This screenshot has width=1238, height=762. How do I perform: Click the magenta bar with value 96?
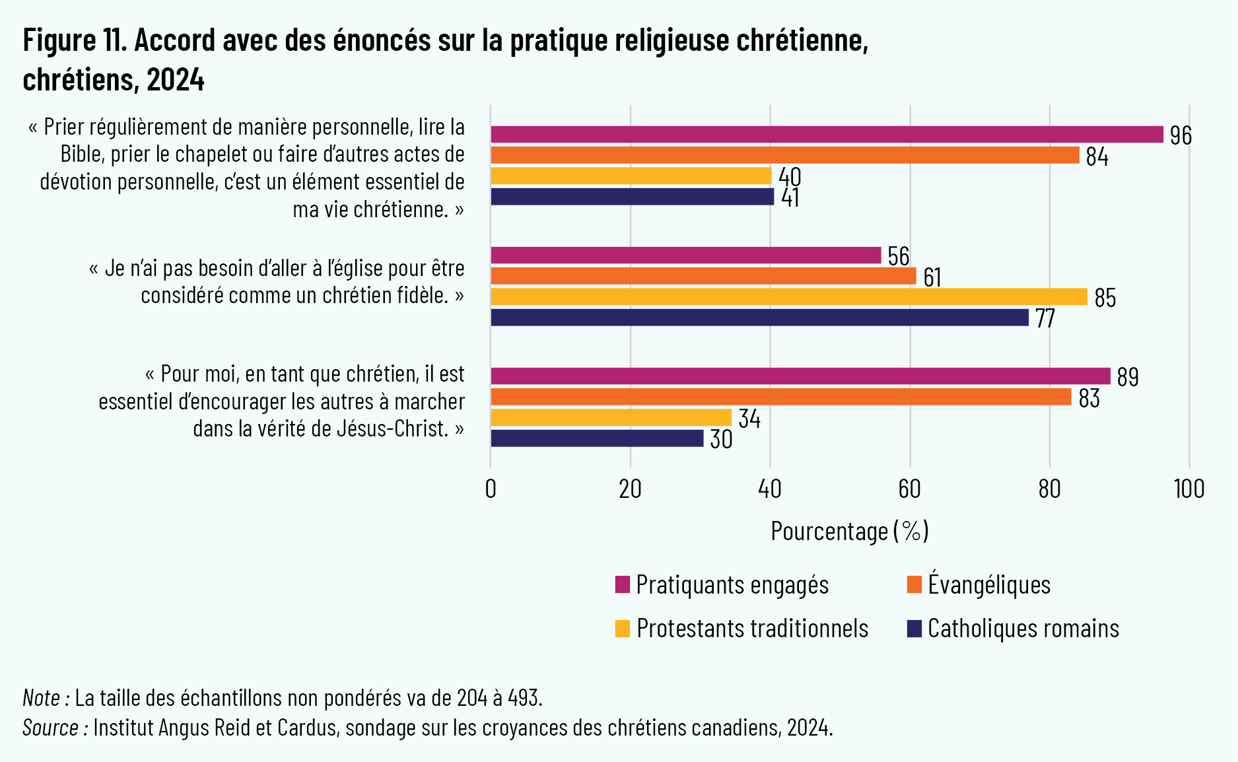(x=827, y=134)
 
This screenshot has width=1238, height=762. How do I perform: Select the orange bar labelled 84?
(x=784, y=155)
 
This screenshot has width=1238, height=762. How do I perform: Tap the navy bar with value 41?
(x=632, y=197)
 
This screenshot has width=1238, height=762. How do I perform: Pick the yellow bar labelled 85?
(x=788, y=297)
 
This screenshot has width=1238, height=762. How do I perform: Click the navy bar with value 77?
(x=759, y=318)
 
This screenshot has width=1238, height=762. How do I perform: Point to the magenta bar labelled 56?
(x=685, y=256)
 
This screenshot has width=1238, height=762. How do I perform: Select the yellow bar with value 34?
(x=611, y=418)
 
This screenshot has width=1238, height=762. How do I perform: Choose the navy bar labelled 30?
(x=597, y=438)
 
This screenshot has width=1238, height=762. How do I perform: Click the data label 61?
(x=932, y=277)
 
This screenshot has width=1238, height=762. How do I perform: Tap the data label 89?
(x=1128, y=377)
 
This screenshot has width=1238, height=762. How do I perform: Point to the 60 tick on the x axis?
(x=909, y=489)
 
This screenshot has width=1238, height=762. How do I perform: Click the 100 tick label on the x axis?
(x=1188, y=489)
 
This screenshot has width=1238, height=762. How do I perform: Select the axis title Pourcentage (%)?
(x=849, y=531)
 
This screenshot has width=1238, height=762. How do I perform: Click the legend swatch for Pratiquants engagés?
(x=622, y=584)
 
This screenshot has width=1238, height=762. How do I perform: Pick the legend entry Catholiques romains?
(x=1023, y=628)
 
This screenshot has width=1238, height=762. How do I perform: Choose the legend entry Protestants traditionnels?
(x=752, y=628)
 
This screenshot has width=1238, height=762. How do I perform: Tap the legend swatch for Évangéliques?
(x=914, y=584)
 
